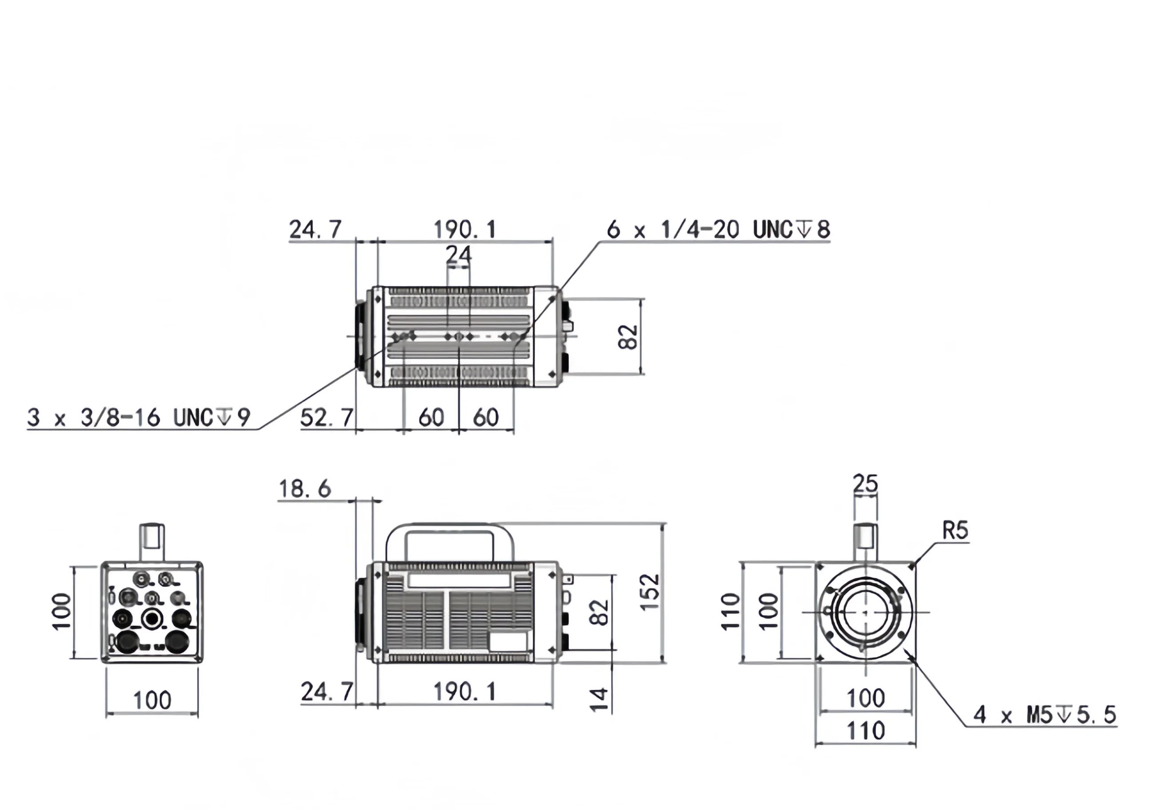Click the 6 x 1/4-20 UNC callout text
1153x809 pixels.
[718, 230]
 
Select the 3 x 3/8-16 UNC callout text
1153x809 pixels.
[138, 417]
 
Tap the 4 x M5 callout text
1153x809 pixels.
[1045, 714]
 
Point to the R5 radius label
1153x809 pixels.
[955, 531]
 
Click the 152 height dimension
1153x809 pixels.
[650, 593]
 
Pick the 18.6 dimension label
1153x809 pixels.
[304, 489]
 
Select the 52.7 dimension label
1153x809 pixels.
[327, 417]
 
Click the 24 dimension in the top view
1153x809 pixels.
[458, 255]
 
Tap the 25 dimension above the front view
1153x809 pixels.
[865, 483]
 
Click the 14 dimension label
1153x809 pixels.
[600, 700]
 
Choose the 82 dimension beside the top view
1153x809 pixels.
[628, 336]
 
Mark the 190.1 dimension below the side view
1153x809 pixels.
[465, 692]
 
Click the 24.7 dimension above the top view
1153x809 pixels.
[315, 230]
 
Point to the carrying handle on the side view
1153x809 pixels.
[450, 528]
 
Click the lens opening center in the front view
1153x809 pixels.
[865, 612]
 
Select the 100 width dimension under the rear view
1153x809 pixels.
[151, 700]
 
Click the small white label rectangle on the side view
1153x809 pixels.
[508, 641]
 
